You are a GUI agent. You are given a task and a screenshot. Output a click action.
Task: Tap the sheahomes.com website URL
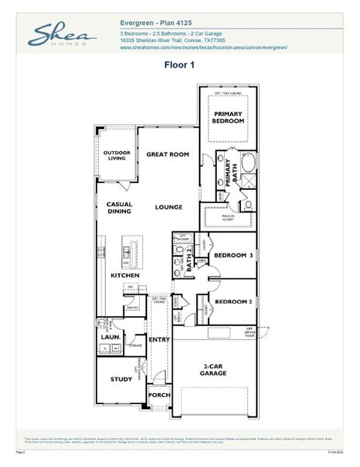[x=204, y=47]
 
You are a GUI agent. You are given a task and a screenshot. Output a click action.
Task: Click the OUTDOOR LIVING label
[x=117, y=156]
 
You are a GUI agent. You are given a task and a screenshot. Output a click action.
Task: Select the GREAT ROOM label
[x=168, y=155]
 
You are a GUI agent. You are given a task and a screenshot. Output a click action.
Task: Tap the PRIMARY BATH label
[x=229, y=172]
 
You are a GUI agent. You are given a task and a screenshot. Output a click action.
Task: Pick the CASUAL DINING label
[x=119, y=208]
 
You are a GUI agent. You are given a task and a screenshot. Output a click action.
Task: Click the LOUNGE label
[x=168, y=207]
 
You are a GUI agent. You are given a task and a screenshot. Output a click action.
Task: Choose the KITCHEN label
[x=124, y=276]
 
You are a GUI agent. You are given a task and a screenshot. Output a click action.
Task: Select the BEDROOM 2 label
[x=232, y=301]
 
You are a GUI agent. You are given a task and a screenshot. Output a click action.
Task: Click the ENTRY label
[x=159, y=339]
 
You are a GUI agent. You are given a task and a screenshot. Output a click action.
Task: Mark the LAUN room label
[x=109, y=337]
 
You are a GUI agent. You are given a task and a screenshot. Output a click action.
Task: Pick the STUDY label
[x=121, y=379]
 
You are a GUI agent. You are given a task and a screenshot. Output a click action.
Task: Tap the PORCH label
[x=159, y=395]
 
